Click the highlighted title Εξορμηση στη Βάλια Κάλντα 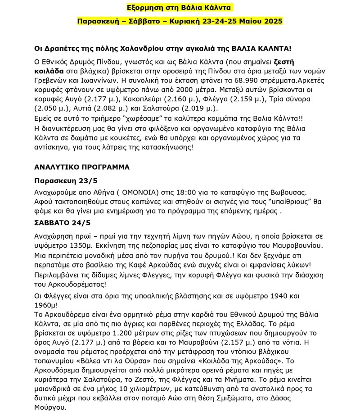pos(180,8)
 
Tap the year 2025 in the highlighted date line pos(270,21)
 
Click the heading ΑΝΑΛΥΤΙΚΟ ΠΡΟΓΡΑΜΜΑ pos(82,167)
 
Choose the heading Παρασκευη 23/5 pos(66,181)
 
